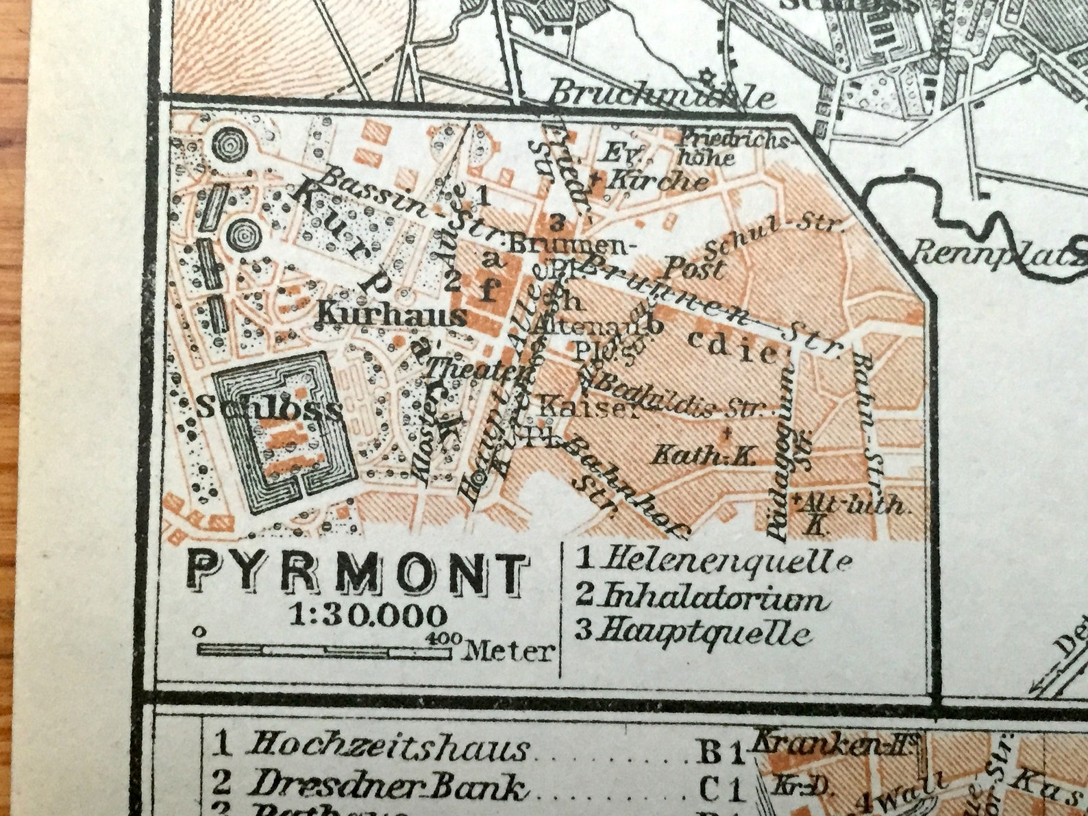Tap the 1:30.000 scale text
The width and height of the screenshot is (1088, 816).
pos(368,615)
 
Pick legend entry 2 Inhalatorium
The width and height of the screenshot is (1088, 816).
pos(702,597)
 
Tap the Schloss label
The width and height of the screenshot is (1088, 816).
pos(269,408)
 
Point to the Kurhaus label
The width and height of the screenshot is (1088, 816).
pos(392,316)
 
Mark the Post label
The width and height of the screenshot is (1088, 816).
pos(696,267)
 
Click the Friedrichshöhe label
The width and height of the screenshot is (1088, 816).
pos(733,147)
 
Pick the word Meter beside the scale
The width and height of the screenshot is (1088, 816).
pos(508,651)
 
